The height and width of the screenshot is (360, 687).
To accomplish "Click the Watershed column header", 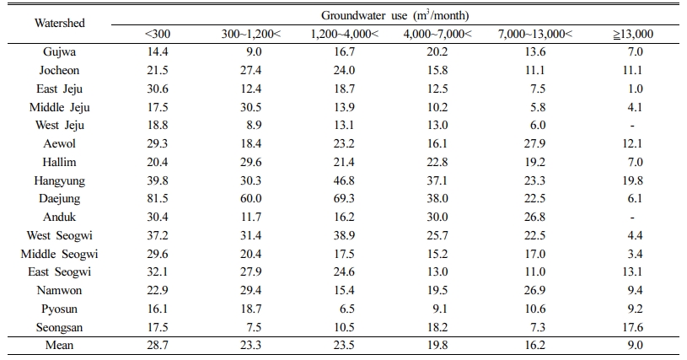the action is coord(60,23).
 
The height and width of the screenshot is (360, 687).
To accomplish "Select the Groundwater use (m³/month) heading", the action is coord(395,15).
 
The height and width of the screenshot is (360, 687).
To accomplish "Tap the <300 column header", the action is coord(158,34).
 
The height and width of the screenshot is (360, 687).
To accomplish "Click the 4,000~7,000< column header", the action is coord(437,34).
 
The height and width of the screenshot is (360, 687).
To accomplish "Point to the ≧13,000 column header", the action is coord(633,34).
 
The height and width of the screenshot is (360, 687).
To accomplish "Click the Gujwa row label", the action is coord(60,52).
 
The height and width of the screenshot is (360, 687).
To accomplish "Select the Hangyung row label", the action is coord(60,181).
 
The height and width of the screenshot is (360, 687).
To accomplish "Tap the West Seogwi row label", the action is coord(60,235).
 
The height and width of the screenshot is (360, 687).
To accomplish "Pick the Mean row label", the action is coord(60,345).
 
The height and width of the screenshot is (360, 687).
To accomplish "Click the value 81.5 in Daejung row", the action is coord(158,198).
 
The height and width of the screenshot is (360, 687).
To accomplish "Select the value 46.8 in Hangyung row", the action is coord(344,180).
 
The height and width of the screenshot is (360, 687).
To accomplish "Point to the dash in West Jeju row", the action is coord(632,126).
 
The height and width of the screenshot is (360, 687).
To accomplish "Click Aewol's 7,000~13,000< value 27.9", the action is coord(534,143).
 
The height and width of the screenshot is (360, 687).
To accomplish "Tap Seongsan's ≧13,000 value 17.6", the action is coord(632,327).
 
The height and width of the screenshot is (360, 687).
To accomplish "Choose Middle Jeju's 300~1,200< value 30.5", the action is coord(251,107).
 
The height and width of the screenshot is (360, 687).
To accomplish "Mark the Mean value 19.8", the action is coord(437,345).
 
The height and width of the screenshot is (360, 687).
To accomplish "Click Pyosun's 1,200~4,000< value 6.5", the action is coord(347,309).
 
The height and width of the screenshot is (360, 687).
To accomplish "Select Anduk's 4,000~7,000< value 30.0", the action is coord(437,217).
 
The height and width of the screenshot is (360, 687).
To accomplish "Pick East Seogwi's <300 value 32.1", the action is coord(158,271).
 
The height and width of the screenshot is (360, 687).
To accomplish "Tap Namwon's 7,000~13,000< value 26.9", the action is coord(534,290).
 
